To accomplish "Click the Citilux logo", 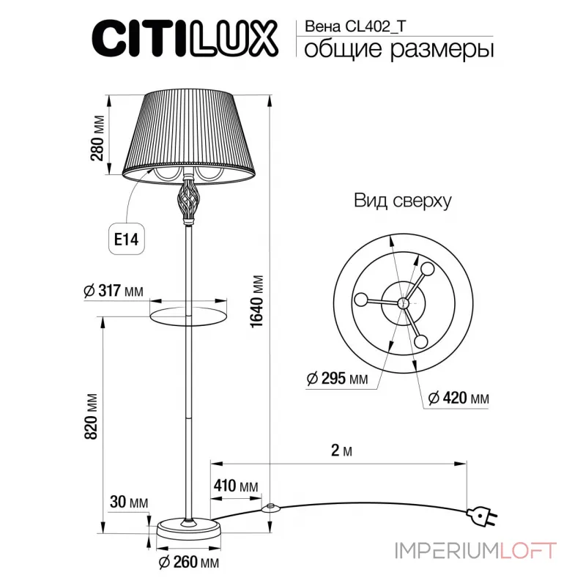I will click(x=184, y=37).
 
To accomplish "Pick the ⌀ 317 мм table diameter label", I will click(x=113, y=291).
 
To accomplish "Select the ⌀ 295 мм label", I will click(x=337, y=379).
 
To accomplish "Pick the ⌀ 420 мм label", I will click(x=459, y=398).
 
